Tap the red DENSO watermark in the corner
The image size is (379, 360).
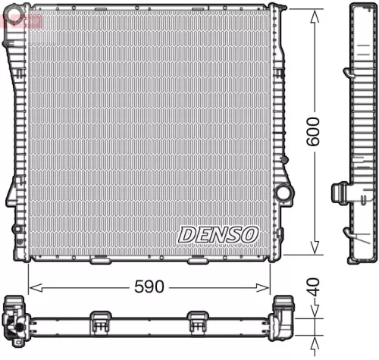coord(20,17)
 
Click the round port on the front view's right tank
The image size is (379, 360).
coord(283,193)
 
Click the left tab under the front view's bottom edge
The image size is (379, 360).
coord(101,261)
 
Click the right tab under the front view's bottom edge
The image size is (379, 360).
coord(197,261)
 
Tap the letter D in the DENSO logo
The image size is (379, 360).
coord(186,235)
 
